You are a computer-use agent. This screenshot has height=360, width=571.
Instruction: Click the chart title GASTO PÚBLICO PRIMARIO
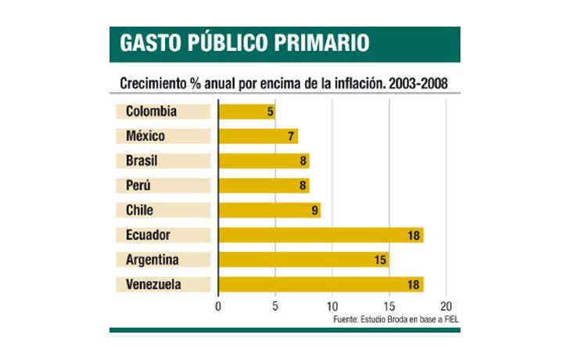(x=244, y=44)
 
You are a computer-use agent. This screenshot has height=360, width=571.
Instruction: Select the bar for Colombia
(x=246, y=112)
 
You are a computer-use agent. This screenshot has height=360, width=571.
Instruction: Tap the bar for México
(x=257, y=136)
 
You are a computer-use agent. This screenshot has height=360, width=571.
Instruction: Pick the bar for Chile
(x=269, y=211)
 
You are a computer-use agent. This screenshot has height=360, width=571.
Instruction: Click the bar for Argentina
(x=303, y=260)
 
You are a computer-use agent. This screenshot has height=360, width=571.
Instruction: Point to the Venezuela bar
(x=321, y=284)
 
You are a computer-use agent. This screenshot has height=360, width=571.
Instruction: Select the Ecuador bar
(x=321, y=235)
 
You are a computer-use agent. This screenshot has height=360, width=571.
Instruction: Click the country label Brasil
(x=142, y=161)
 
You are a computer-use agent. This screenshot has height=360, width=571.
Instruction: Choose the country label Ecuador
(x=148, y=235)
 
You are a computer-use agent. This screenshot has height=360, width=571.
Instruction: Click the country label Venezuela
(x=153, y=284)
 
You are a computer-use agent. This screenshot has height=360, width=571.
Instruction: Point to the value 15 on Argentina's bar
(x=381, y=260)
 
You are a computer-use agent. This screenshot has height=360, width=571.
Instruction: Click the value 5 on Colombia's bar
(x=271, y=112)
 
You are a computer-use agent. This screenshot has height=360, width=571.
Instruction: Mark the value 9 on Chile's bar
(x=315, y=211)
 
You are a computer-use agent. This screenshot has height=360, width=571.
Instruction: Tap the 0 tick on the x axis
(x=218, y=305)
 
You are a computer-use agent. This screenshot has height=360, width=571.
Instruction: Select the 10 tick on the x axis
(x=332, y=305)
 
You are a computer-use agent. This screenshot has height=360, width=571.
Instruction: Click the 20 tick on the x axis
(x=446, y=305)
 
